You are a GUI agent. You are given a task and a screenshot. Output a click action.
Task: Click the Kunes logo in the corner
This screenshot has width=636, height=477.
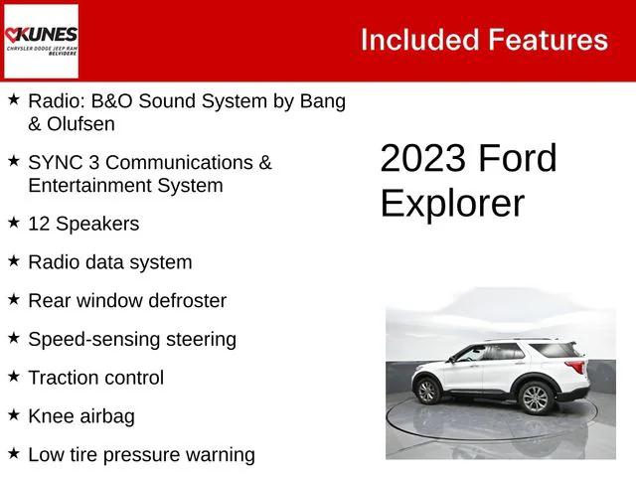41,41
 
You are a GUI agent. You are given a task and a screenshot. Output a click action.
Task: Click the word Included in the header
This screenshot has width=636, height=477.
418,40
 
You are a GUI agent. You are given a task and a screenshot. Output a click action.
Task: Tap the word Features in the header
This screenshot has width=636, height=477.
548,40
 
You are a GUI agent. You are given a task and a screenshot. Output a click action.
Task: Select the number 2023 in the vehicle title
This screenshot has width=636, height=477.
423,159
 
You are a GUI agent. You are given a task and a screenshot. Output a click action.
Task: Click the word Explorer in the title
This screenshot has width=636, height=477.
451,203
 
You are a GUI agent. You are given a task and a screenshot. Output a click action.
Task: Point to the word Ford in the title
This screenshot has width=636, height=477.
518,159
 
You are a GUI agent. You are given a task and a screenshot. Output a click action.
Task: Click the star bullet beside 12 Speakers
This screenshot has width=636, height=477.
14,223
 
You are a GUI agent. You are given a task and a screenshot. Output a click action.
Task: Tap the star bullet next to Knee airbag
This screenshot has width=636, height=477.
14,415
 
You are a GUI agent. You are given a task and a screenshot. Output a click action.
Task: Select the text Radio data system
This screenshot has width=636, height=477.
109,262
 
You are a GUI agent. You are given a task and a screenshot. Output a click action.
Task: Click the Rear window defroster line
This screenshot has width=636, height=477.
127,300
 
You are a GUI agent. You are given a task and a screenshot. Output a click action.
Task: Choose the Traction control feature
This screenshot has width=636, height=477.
95,378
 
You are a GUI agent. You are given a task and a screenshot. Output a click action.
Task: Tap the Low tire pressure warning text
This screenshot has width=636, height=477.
141,455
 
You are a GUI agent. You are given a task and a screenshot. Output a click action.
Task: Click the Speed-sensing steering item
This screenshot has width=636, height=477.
132,339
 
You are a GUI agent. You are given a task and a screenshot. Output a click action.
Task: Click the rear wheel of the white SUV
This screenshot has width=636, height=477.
536,398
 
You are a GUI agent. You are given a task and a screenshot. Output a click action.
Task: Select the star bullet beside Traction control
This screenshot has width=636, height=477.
14,377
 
